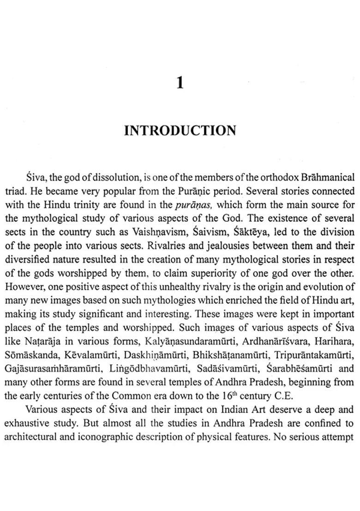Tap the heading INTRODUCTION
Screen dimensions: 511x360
click(x=180, y=131)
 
